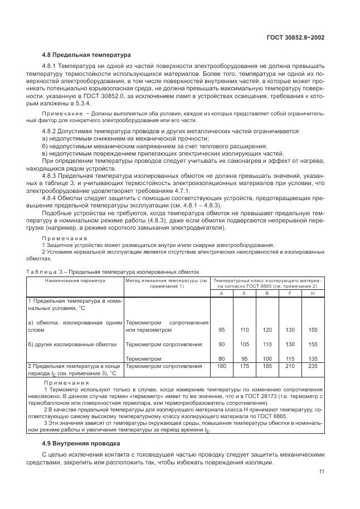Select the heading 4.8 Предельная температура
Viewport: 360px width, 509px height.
tap(86, 55)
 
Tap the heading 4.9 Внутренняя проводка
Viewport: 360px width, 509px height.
tap(81, 444)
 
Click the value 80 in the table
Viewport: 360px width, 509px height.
tap(221, 358)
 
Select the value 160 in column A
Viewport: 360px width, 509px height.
tap(221, 366)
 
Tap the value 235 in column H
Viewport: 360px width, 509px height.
tap(313, 366)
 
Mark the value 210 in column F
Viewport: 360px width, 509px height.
tap(290, 366)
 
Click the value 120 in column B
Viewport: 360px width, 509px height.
tap(267, 330)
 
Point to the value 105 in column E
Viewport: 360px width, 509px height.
tap(244, 345)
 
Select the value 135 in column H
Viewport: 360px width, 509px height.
tap(313, 358)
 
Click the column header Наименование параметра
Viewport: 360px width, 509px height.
tap(75, 280)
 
